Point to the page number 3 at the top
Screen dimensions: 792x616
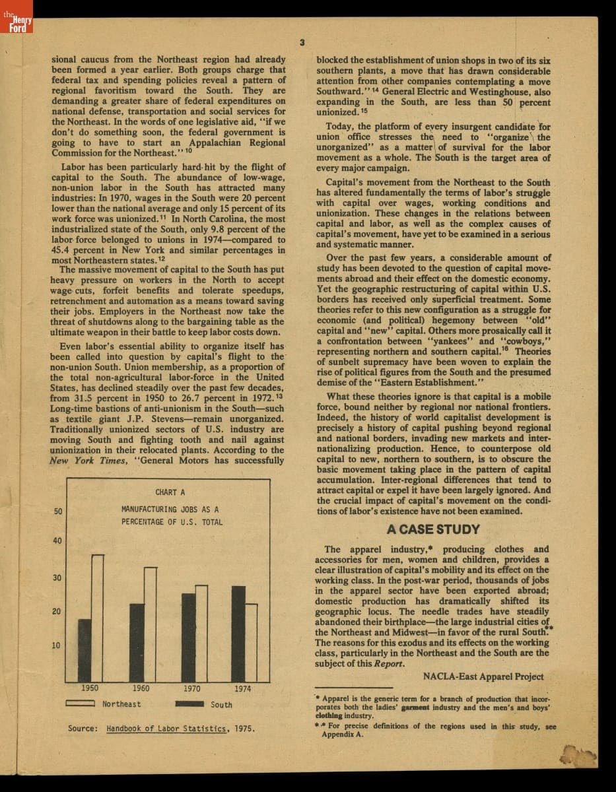301,43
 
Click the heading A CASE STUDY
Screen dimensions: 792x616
434,529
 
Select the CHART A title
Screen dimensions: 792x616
170,492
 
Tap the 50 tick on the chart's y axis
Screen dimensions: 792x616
58,511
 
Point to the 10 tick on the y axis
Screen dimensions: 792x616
58,645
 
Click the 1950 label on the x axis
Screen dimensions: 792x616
90,688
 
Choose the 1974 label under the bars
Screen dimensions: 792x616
242,688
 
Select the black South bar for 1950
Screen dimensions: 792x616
85,650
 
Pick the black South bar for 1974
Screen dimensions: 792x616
238,634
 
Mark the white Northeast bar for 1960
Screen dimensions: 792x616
150,624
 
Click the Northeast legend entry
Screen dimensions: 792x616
103,704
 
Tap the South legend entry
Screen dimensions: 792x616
205,704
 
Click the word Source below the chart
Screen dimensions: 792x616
83,729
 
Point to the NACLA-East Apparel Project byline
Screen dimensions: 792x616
483,676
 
